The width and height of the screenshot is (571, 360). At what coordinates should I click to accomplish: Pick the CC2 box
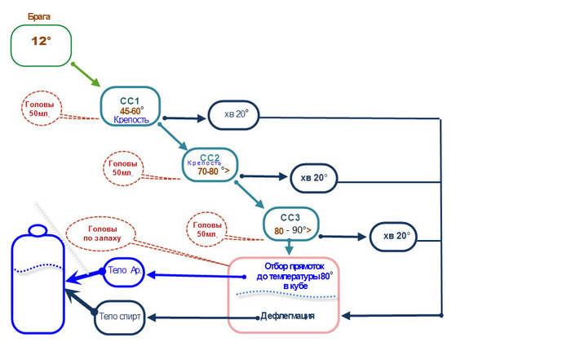coord(210,163)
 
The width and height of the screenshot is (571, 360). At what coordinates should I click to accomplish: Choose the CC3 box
coord(290,224)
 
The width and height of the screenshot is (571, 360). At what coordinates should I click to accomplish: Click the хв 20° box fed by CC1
coord(235,115)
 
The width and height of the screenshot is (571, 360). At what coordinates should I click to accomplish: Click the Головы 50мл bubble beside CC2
coord(122,168)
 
